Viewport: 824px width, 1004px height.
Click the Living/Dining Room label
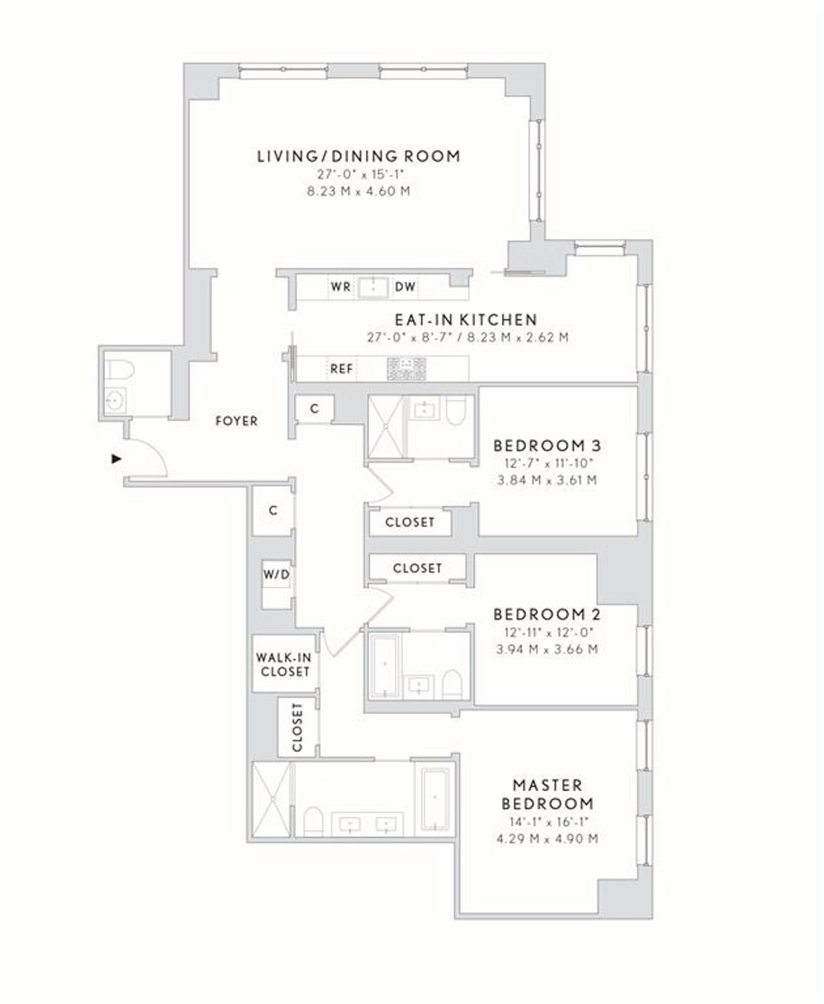coord(358,156)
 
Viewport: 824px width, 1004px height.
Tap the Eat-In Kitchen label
coord(466,319)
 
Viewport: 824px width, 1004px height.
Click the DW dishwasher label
coord(405,287)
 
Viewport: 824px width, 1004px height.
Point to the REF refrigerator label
coord(341,369)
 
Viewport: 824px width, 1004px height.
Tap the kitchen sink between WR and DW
coord(373,287)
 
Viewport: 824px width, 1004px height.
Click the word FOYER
coord(236,421)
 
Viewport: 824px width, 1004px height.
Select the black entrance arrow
coord(117,459)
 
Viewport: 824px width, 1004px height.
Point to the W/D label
coord(276,575)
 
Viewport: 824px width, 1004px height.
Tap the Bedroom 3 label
coord(547,445)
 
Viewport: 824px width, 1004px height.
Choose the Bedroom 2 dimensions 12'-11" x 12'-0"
coord(547,633)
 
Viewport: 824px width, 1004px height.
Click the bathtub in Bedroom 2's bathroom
coord(385,665)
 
